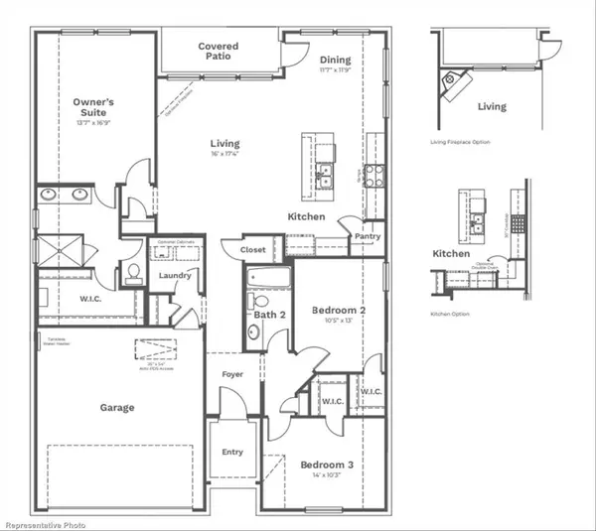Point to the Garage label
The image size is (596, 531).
point(117,407)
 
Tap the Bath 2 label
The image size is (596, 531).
point(268,316)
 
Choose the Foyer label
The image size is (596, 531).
point(232,374)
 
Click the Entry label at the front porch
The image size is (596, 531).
point(232,452)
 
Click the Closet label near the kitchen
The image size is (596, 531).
point(253,250)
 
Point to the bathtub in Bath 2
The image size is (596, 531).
point(267,277)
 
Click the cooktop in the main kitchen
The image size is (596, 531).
point(374,176)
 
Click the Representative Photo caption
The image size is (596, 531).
point(46,523)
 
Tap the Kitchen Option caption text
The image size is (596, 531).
point(450,314)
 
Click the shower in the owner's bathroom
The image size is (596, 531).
point(59,250)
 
